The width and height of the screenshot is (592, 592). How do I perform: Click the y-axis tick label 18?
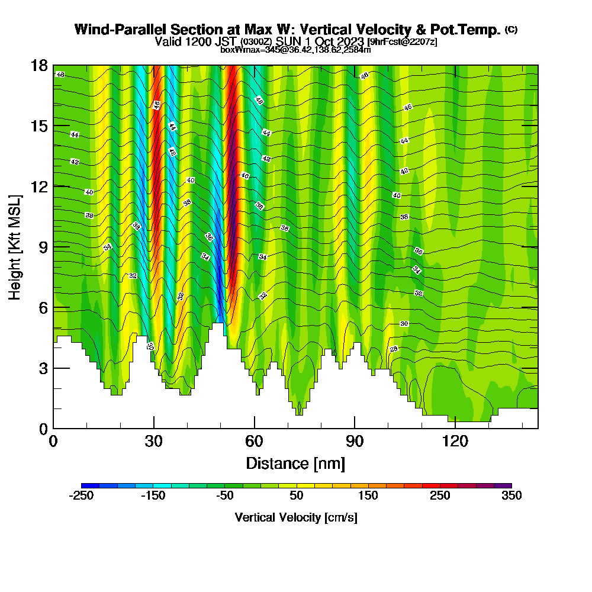point(40,65)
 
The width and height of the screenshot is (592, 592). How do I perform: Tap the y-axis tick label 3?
point(43,368)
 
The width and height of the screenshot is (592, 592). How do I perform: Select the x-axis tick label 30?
point(154,442)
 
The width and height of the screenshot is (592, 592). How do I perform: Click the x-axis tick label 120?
point(455,442)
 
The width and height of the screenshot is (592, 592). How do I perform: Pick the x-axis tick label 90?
point(355,442)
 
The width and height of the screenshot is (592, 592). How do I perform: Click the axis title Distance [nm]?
point(295,463)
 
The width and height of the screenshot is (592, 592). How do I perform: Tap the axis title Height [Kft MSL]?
point(15,246)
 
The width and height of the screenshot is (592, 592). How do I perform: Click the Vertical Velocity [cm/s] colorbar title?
point(295,517)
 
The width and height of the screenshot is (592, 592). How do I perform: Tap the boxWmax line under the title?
point(295,50)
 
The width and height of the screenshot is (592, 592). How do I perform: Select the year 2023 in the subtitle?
point(350,41)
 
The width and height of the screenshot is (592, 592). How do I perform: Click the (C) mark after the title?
point(511,29)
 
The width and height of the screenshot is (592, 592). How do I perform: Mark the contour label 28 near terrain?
point(394,349)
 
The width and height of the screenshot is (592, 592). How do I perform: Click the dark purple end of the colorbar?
point(503,485)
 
